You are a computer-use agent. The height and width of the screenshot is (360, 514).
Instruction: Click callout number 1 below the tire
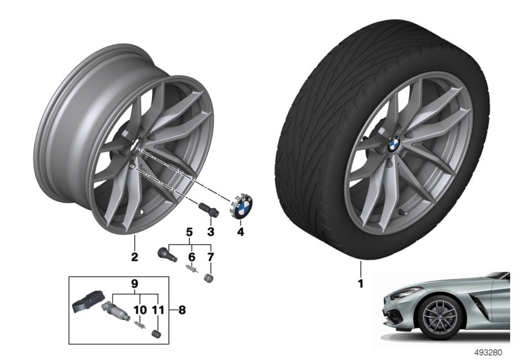pyautogui.click(x=360, y=283)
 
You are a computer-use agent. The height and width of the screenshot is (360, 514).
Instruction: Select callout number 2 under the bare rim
pyautogui.click(x=134, y=257)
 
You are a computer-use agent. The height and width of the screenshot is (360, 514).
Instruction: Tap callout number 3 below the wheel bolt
pyautogui.click(x=211, y=232)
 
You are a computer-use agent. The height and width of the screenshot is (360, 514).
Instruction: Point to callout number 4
pyautogui.click(x=240, y=232)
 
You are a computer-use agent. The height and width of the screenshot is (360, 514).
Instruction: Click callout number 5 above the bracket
pyautogui.click(x=190, y=232)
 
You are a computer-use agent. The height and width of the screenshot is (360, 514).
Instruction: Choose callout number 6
pyautogui.click(x=191, y=256)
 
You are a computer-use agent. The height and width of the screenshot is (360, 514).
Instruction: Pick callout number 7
pyautogui.click(x=211, y=256)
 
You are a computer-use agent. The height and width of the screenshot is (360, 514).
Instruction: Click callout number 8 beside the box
pyautogui.click(x=182, y=309)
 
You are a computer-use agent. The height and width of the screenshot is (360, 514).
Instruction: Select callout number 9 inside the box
pyautogui.click(x=135, y=283)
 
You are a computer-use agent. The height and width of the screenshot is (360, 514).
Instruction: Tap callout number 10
pyautogui.click(x=140, y=309)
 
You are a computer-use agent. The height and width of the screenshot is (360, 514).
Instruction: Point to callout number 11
pyautogui.click(x=158, y=309)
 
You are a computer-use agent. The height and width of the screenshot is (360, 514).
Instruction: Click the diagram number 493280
pyautogui.click(x=488, y=353)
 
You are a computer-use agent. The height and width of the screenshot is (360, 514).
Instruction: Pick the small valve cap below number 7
pyautogui.click(x=208, y=279)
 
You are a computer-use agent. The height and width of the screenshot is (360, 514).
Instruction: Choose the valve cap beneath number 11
pyautogui.click(x=157, y=334)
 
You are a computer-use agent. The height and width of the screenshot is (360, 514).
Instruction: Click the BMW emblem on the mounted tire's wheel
pyautogui.click(x=394, y=144)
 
